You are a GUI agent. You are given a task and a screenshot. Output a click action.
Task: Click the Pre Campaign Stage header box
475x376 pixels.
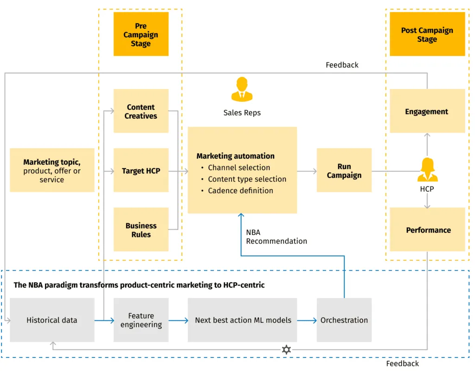tap(141, 34)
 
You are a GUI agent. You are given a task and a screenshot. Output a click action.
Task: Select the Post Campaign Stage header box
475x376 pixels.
tap(427, 34)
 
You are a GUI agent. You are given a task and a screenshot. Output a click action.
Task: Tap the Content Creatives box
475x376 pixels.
tap(141, 111)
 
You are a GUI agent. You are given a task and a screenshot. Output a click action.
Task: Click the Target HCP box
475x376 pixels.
tap(141, 171)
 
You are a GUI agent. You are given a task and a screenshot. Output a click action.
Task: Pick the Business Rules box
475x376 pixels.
tap(141, 230)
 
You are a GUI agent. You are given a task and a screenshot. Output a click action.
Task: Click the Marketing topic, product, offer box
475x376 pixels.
tap(52, 171)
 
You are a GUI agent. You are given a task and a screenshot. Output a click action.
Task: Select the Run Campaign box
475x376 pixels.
tap(344, 171)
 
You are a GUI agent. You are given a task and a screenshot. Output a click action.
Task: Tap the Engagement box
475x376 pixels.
tap(427, 111)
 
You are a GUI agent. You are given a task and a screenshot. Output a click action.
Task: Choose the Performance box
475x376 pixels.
tap(428, 230)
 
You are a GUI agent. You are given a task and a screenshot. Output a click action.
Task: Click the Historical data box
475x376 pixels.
tap(52, 320)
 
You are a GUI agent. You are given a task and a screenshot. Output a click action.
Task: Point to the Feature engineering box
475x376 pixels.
tap(141, 320)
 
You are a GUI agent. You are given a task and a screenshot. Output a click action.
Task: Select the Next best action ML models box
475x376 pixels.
tap(243, 320)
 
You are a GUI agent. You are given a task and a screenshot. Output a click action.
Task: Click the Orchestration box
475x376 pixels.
tap(344, 320)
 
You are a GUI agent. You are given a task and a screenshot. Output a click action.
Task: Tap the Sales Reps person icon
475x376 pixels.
tap(242, 89)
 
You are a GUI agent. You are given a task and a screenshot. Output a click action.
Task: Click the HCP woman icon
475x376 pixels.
tap(427, 170)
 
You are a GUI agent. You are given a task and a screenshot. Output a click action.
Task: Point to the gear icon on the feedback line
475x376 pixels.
tap(286, 350)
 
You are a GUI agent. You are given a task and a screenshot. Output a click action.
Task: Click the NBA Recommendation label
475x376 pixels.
tap(276, 236)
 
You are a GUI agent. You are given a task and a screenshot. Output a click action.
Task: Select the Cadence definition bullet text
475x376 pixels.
tap(240, 191)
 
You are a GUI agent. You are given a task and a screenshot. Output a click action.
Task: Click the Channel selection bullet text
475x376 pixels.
tap(238, 168)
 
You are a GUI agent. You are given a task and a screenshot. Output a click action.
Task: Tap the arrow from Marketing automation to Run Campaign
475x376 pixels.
tap(307, 171)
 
